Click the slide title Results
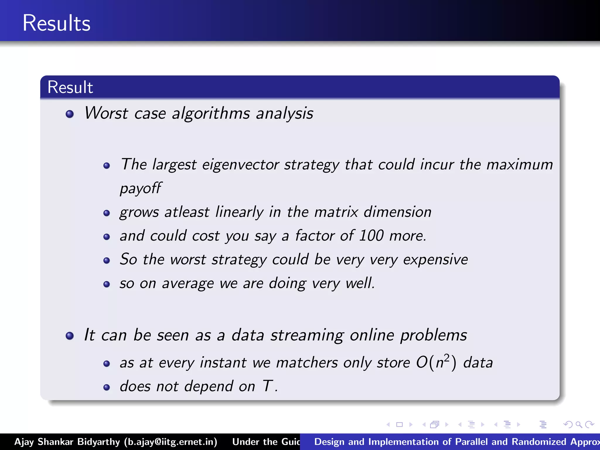coord(56,23)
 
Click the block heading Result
coord(70,87)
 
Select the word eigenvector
coord(240,165)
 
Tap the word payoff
coord(140,188)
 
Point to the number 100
coord(371,236)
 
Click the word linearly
coord(239,212)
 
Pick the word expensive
coord(435,260)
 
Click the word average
coord(188,284)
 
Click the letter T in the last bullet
coord(267,386)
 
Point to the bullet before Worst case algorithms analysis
coord(70,114)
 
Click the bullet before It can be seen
coord(70,335)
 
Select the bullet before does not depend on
coord(107,387)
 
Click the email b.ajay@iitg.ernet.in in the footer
coord(171,442)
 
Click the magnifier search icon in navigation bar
coord(579,425)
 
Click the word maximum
coord(519,165)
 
